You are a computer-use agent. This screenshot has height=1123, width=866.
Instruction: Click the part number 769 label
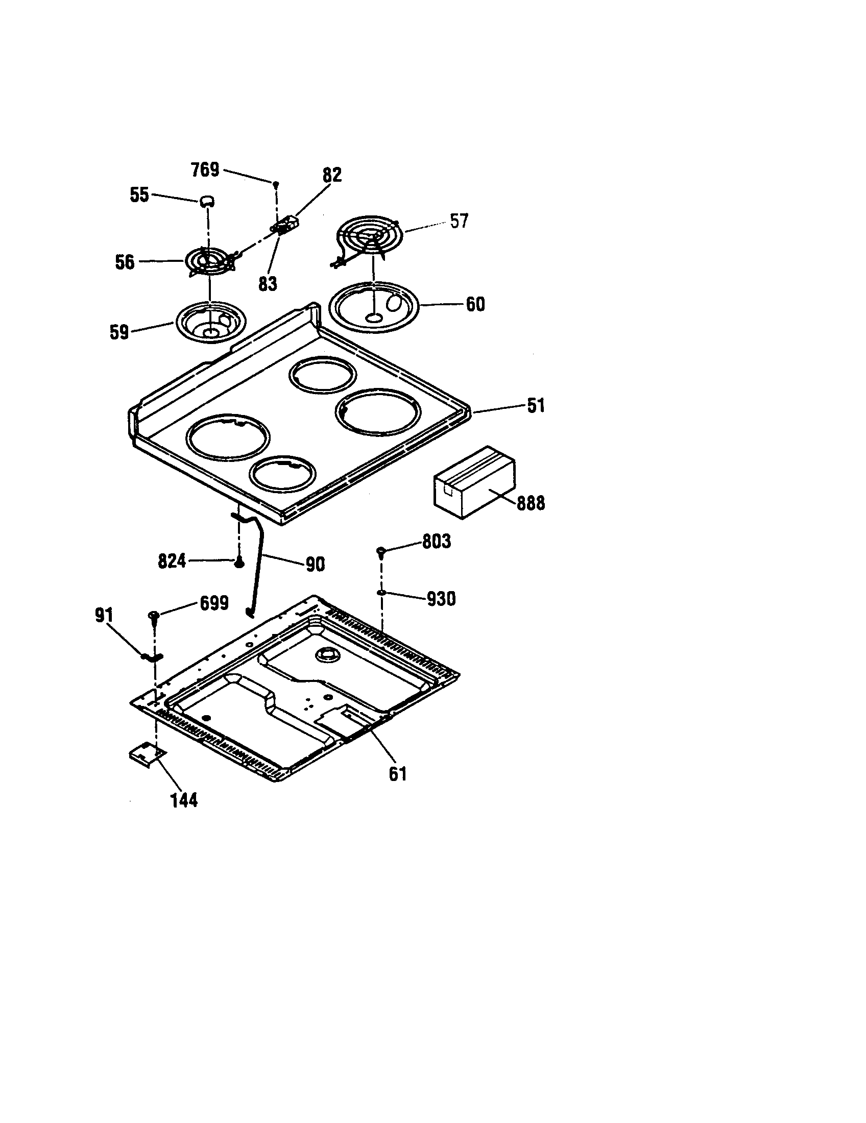[205, 169]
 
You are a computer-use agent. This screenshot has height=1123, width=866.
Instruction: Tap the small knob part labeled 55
[207, 201]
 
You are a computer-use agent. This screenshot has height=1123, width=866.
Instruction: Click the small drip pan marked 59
[211, 322]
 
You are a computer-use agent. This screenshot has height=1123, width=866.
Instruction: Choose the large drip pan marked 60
[374, 307]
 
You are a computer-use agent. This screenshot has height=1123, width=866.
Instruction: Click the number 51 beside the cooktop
[536, 406]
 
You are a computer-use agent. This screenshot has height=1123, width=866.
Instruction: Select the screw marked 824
[239, 564]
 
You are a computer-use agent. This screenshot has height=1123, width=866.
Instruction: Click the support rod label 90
[315, 565]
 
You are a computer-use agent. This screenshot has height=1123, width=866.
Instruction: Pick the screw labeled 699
[153, 616]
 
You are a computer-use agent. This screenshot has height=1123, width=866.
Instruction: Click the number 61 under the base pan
[398, 773]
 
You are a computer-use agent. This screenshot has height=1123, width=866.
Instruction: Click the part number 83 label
[268, 283]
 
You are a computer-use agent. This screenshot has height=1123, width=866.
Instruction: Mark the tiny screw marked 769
[276, 183]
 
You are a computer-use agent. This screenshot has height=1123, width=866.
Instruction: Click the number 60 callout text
[475, 304]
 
